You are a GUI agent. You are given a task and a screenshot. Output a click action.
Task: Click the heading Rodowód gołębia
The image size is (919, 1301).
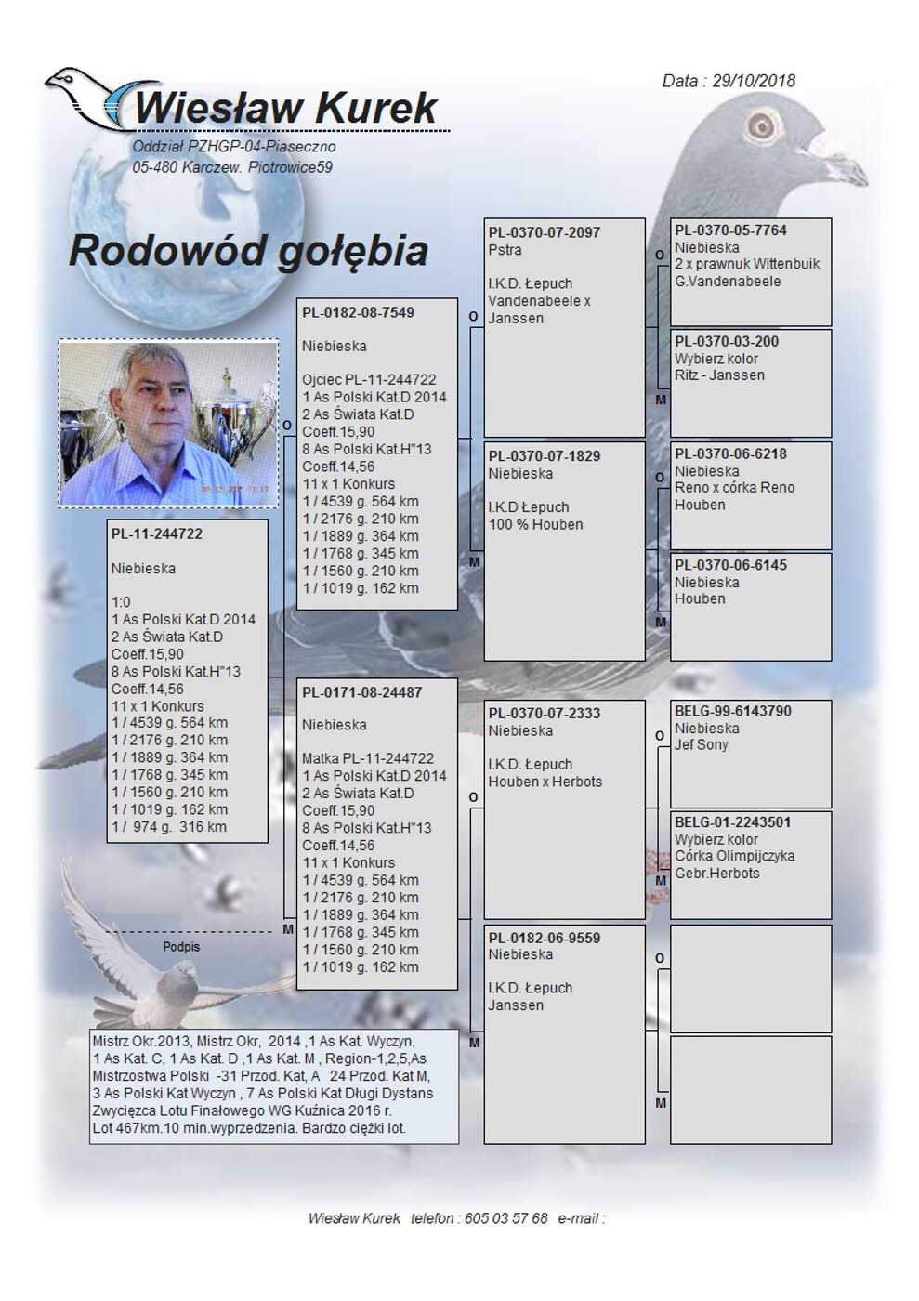pyautogui.click(x=248, y=250)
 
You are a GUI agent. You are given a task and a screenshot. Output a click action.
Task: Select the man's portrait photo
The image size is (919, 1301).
pyautogui.click(x=168, y=423)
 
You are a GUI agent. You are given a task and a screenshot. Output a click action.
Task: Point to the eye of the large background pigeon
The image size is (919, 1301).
pyautogui.click(x=761, y=125)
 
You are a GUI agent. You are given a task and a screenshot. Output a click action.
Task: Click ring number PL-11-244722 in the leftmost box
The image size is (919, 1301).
pyautogui.click(x=156, y=533)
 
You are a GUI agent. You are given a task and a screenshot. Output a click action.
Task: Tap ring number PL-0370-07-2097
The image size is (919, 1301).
pyautogui.click(x=545, y=232)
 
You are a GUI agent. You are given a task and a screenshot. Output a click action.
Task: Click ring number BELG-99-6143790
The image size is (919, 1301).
pyautogui.click(x=733, y=711)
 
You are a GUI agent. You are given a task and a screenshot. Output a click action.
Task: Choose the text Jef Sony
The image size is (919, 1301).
pyautogui.click(x=702, y=745)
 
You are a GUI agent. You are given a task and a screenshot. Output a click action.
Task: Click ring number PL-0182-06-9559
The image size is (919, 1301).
pyautogui.click(x=545, y=938)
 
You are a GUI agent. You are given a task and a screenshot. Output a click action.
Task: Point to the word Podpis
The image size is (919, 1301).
pyautogui.click(x=181, y=947)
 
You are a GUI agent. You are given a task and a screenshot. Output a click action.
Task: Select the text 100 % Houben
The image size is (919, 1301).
pyautogui.click(x=536, y=524)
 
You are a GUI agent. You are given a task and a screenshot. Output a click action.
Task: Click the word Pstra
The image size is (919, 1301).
pyautogui.click(x=505, y=250)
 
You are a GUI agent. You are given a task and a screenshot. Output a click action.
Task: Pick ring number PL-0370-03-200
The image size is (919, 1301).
pyautogui.click(x=727, y=341)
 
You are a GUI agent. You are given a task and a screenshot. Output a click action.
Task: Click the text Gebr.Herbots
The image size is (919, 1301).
pyautogui.click(x=717, y=874)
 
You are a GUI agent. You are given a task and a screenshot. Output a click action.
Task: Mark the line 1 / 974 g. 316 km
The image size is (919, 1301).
pyautogui.click(x=169, y=826)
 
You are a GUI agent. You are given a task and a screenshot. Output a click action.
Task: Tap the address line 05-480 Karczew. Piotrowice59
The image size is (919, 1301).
pyautogui.click(x=232, y=167)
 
